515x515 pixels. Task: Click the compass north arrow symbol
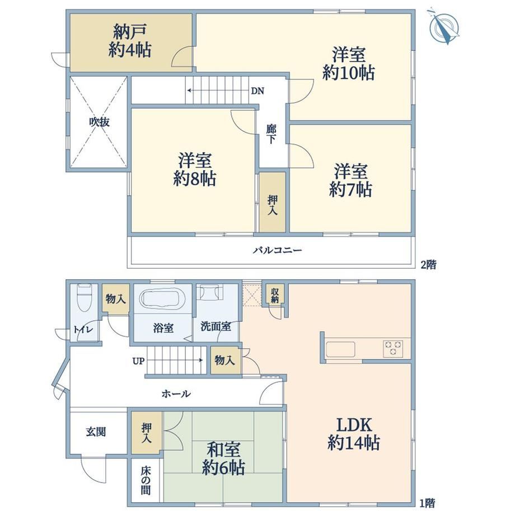444,27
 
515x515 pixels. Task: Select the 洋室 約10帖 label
349,64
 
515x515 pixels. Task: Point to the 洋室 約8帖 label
194,170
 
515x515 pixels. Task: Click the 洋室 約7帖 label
350,180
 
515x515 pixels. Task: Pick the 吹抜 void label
100,122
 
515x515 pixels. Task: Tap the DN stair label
257,91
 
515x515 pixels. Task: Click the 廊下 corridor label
271,134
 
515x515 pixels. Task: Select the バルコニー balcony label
278,251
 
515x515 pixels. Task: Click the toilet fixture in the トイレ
84,298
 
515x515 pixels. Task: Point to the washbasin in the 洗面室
209,292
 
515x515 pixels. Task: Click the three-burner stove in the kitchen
393,349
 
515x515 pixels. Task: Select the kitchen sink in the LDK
340,349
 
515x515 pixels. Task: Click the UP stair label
139,361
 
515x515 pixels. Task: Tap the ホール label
176,394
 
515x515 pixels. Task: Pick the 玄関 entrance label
96,432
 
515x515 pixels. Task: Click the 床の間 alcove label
146,481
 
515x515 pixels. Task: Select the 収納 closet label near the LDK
275,295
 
